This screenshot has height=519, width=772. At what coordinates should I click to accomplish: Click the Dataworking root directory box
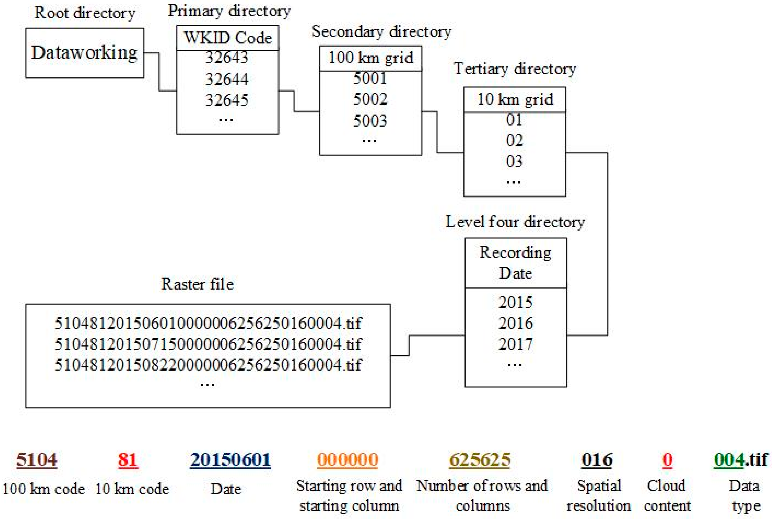pos(84,53)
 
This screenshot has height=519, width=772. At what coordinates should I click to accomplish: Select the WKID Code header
pos(227,38)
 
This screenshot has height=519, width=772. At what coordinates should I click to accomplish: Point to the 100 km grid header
pos(370,58)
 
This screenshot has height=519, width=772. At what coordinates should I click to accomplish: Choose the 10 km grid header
pos(515,99)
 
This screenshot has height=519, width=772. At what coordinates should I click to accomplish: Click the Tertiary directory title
pos(515,69)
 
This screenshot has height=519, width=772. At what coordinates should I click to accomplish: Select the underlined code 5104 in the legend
pos(37,460)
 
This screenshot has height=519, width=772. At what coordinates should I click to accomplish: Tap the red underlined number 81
pos(128,460)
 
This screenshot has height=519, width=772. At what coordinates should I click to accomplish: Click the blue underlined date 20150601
pos(230,460)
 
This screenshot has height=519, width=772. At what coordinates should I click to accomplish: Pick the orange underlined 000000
pos(347,460)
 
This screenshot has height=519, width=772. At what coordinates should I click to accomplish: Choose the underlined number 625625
pos(480,460)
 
